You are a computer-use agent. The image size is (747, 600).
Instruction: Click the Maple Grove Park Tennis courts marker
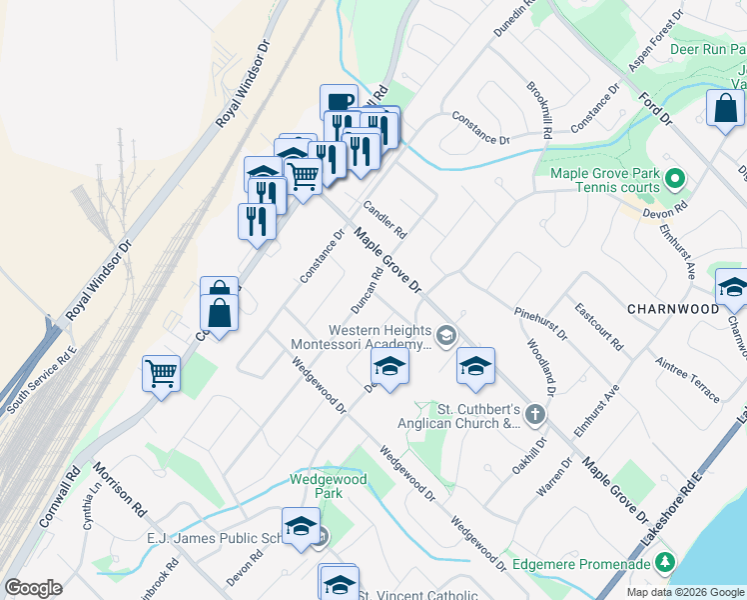point(675,180)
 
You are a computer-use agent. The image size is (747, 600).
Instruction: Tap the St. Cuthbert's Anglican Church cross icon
point(535,414)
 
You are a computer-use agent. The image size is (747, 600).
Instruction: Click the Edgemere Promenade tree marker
point(671,563)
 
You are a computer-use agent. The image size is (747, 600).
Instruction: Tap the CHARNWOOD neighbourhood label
point(672,309)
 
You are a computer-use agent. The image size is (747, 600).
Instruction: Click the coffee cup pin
point(339,102)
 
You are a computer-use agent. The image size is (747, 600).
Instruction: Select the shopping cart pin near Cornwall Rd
point(161,374)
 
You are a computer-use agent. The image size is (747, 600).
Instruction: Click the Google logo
point(33,588)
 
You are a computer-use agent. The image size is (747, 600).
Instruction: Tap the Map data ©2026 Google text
point(684,592)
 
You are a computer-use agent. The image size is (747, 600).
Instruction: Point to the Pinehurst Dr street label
point(541,323)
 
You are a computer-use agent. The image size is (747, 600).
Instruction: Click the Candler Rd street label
point(384,219)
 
